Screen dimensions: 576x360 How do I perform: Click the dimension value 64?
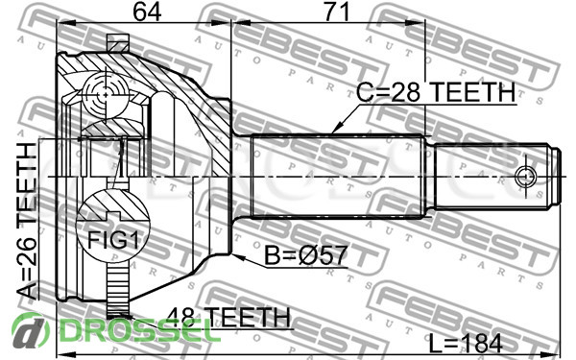147,12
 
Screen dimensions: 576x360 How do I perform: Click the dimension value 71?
336,12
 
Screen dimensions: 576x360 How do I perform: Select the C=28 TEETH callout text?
435,92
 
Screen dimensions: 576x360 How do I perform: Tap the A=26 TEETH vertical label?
27,221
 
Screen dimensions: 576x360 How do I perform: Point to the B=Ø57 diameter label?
305,255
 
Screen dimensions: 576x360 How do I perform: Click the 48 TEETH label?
228,317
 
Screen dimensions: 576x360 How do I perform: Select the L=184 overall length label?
466,345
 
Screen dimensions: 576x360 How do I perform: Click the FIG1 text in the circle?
113,241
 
